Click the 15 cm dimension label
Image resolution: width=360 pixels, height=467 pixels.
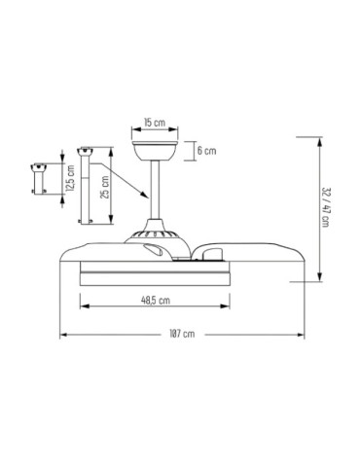tap(154, 124)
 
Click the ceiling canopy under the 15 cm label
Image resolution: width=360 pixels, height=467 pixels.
tap(155, 152)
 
